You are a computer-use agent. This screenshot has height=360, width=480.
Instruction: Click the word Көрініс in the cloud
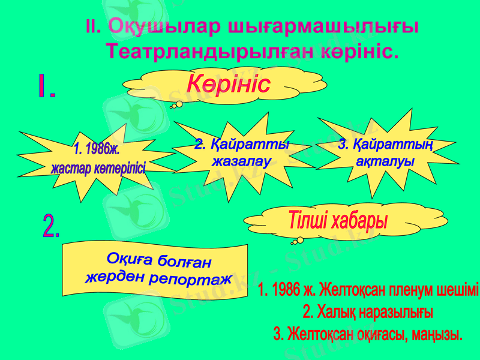tap(228, 85)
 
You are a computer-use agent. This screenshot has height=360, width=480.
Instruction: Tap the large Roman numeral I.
tap(45, 88)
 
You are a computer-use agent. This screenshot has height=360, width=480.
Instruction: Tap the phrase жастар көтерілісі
tap(98, 168)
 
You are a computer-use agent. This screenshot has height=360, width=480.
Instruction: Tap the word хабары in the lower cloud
tap(359, 220)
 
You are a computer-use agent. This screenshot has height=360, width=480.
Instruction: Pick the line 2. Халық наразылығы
tap(368, 313)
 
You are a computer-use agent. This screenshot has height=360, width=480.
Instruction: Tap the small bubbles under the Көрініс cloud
tap(176, 105)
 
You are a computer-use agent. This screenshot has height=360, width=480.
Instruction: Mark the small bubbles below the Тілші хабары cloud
tap(297, 241)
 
